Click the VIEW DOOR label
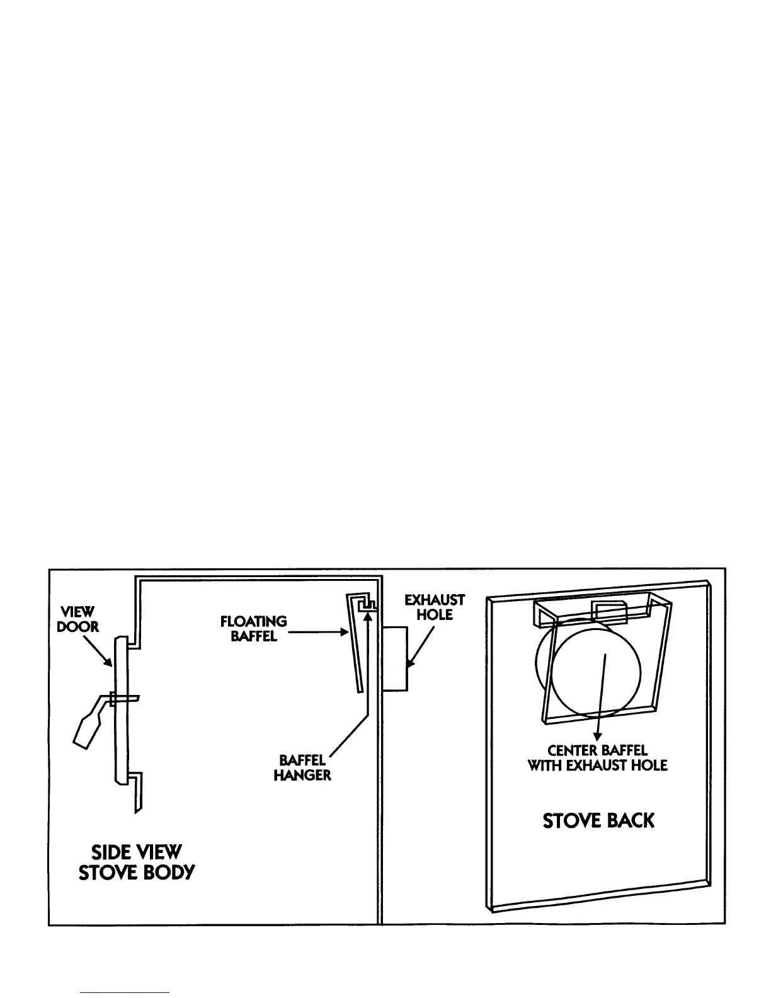pyautogui.click(x=78, y=619)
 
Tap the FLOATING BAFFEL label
pyautogui.click(x=253, y=629)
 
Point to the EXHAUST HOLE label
pyautogui.click(x=435, y=607)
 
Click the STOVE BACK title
pyautogui.click(x=598, y=820)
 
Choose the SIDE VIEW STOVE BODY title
pyautogui.click(x=137, y=863)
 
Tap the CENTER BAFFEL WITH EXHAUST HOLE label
pyautogui.click(x=597, y=758)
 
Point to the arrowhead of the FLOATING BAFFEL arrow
pyautogui.click(x=344, y=632)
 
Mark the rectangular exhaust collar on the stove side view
pyautogui.click(x=395, y=658)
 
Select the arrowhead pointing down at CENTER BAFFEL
pyautogui.click(x=598, y=736)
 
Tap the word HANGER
pyautogui.click(x=302, y=776)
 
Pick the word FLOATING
pyautogui.click(x=253, y=622)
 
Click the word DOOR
pyautogui.click(x=78, y=628)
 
